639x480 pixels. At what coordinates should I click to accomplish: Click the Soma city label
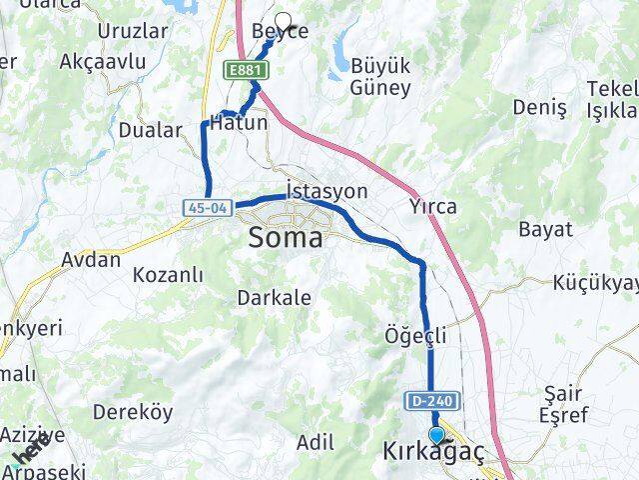(286, 239)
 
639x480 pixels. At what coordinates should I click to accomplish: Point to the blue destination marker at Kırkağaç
(436, 435)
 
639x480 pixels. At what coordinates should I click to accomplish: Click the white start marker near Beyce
(283, 20)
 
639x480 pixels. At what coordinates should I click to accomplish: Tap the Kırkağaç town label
(433, 453)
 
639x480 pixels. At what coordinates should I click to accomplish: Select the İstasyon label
(326, 191)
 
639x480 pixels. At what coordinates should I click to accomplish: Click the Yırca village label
(432, 208)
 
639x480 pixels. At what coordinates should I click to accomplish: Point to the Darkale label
(274, 297)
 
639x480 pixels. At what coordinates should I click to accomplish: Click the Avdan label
(91, 260)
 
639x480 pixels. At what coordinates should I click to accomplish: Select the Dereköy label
(133, 411)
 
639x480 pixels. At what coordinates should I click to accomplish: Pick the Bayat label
(545, 229)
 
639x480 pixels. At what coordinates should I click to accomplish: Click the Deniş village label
(539, 106)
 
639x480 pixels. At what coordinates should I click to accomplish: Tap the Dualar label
(151, 130)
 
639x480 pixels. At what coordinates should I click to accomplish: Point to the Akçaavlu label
(103, 62)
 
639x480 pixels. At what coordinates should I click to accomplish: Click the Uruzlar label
(133, 30)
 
